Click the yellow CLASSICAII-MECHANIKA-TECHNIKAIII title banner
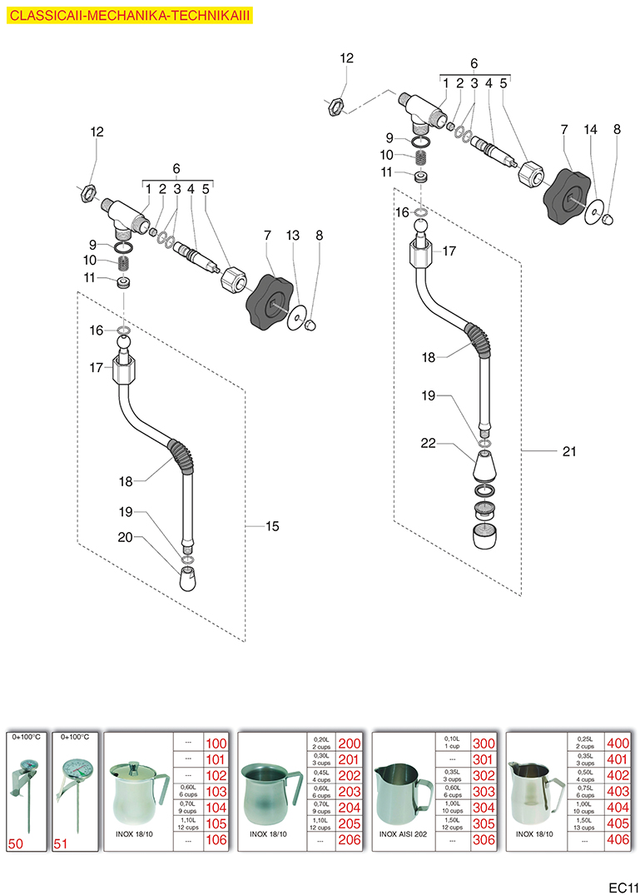(x=128, y=16)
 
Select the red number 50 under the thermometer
(x=16, y=843)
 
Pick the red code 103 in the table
(x=216, y=791)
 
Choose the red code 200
(x=350, y=743)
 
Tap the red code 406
(x=618, y=840)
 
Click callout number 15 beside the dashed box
(x=272, y=526)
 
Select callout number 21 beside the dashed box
(x=569, y=451)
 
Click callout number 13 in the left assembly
(x=291, y=236)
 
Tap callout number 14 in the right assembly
(x=591, y=129)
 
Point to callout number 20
(x=126, y=538)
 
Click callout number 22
(x=428, y=444)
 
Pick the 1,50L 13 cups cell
(x=587, y=822)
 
